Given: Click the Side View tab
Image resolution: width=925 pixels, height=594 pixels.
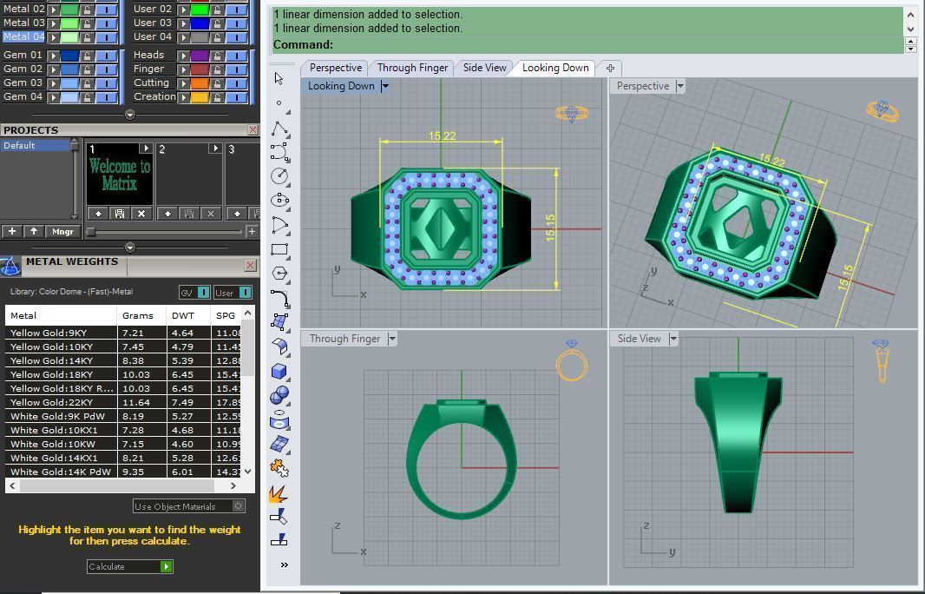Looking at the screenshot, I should point(484,68).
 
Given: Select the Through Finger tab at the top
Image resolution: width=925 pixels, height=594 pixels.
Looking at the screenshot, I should point(412,68).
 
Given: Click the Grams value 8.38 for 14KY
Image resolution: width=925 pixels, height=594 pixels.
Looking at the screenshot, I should point(133,360).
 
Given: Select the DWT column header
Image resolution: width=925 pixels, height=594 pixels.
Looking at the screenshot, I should point(183,315).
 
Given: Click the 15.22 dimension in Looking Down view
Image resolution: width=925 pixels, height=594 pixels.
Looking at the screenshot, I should point(442,135).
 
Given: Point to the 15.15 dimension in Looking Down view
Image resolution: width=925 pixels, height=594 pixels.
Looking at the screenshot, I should point(550,228).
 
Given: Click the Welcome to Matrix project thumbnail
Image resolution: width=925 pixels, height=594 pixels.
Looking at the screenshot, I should point(120,175).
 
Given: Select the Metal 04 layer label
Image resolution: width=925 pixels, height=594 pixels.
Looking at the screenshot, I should point(24,36).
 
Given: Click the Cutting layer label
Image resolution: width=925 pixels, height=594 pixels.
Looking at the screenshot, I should point(151,82).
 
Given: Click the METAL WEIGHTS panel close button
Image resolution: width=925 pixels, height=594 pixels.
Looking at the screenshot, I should point(250,265).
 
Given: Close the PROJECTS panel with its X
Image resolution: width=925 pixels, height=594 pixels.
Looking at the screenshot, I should point(253,130).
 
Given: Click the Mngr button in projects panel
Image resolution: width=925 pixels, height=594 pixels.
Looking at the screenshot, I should point(62,232).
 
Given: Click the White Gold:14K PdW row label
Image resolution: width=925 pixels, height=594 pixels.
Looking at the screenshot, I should point(61,472).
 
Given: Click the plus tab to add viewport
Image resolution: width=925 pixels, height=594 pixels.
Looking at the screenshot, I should point(610,68).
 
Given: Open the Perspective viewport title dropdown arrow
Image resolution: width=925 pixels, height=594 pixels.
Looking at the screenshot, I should point(680,86).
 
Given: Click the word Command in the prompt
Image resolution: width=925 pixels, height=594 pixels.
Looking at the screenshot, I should point(303,45).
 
